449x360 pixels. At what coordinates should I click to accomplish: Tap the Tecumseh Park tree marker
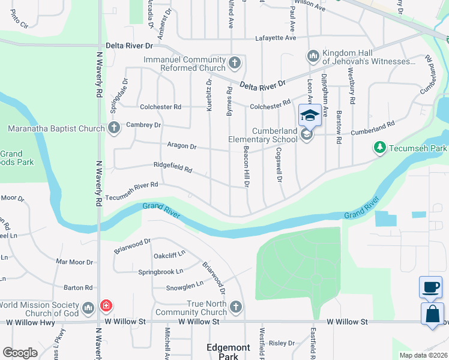(379, 147)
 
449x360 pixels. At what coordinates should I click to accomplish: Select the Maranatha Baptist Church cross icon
(114, 128)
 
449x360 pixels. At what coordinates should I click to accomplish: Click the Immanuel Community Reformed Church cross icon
(235, 62)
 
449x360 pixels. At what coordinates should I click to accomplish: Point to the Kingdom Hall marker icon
(313, 57)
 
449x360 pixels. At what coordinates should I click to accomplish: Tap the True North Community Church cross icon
(235, 307)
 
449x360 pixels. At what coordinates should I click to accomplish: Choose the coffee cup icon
(432, 287)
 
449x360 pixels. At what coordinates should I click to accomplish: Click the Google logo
(20, 352)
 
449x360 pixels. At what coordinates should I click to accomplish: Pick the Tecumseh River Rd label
(131, 191)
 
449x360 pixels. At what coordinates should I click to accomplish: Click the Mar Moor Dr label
(74, 262)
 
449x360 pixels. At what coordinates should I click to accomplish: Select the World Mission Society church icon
(88, 308)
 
